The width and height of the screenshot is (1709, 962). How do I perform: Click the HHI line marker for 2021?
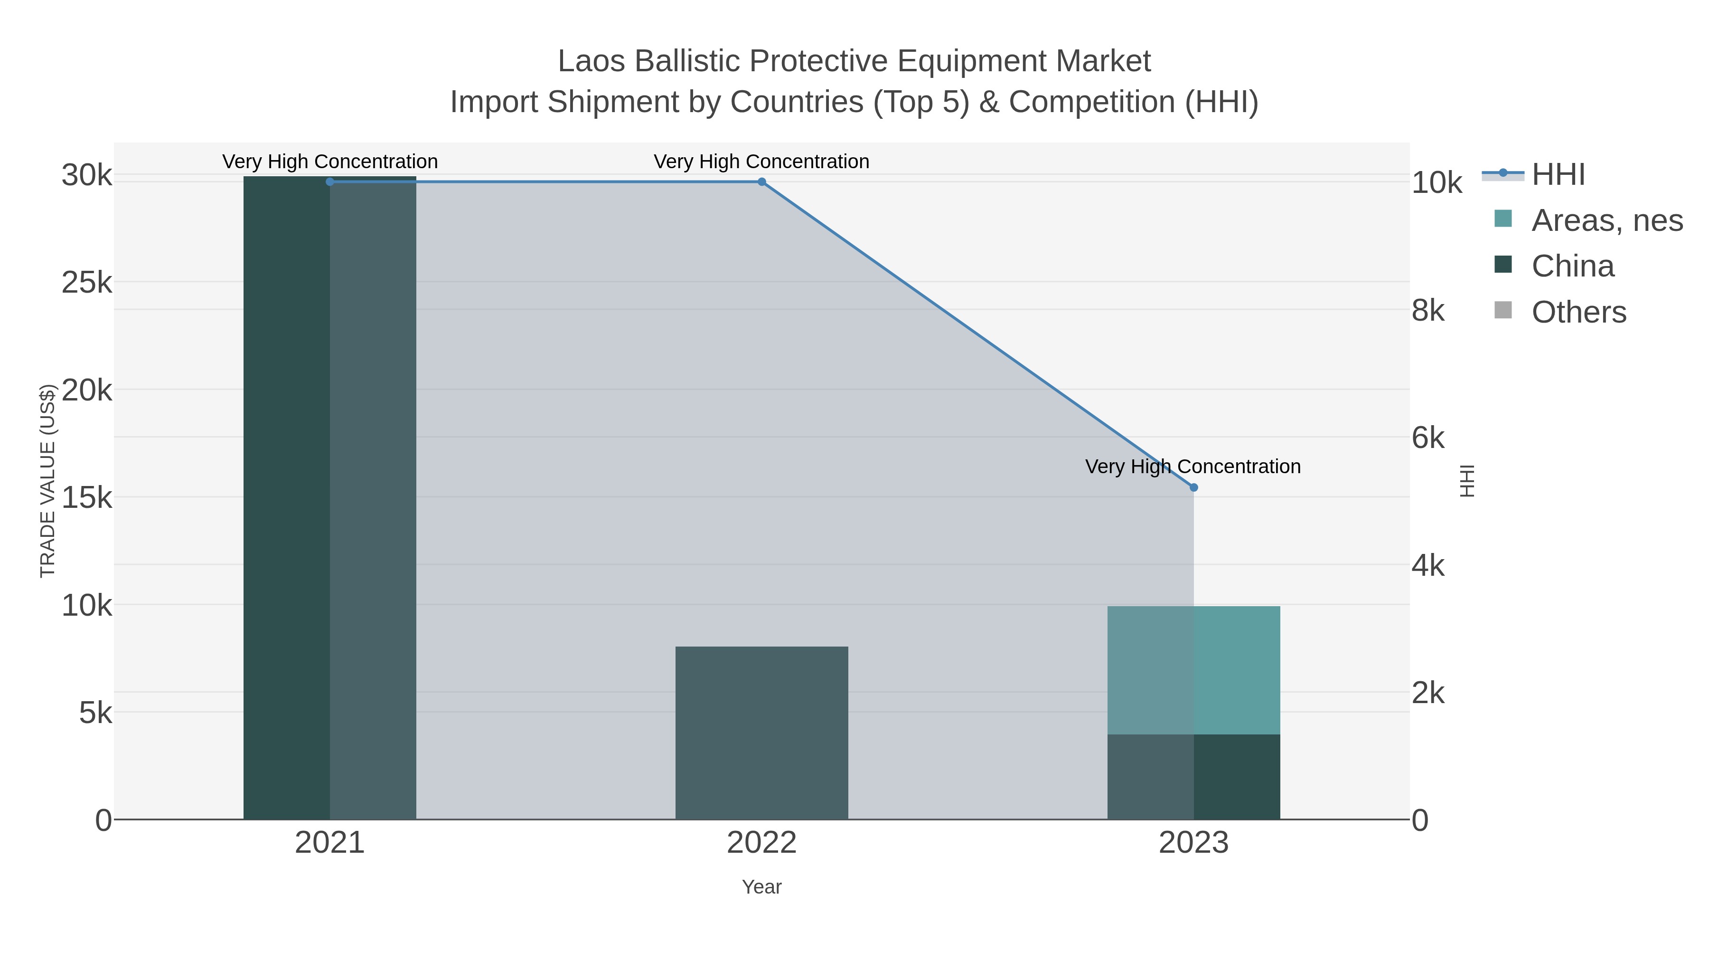click(x=330, y=182)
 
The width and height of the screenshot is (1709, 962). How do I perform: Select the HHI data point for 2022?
click(x=761, y=182)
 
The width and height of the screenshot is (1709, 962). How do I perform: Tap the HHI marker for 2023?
click(x=1193, y=487)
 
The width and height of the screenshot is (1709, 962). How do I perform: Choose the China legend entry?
click(x=1572, y=266)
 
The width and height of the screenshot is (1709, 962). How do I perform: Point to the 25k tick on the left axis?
click(x=87, y=283)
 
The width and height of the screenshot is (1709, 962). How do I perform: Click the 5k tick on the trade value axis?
click(x=95, y=713)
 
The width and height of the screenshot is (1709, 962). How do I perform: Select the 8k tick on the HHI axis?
click(x=1427, y=311)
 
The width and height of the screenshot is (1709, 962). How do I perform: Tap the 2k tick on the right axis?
click(x=1427, y=693)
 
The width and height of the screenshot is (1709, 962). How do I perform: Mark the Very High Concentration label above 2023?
click(x=1193, y=467)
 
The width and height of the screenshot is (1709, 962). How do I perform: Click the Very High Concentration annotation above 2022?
click(x=761, y=162)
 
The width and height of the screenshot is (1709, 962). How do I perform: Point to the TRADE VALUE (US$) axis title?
click(x=48, y=481)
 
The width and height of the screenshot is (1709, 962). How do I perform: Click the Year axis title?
click(x=761, y=887)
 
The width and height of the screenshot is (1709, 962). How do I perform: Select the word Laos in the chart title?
click(x=591, y=61)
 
